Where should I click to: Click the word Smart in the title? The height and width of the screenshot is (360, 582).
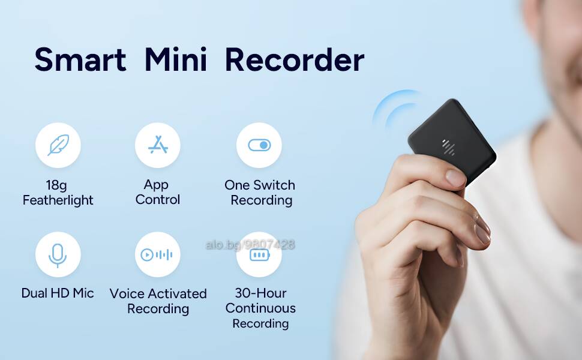tap(80, 59)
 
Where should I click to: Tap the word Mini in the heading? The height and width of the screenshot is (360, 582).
tap(176, 59)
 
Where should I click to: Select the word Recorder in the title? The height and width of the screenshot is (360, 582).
tap(295, 59)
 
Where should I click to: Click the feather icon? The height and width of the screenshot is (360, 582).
tap(58, 145)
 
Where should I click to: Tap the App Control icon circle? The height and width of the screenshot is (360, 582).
tap(158, 145)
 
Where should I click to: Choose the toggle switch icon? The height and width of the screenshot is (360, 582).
tap(259, 145)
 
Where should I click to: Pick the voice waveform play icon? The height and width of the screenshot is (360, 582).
tap(156, 254)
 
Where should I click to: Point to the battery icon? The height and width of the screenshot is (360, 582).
tap(259, 256)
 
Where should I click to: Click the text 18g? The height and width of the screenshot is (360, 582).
tap(56, 185)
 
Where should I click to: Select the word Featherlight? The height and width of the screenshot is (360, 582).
tap(58, 200)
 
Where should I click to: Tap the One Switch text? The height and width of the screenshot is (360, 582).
tap(260, 185)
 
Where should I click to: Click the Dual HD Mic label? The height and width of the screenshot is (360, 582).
tap(58, 293)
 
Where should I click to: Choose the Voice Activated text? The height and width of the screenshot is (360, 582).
tap(158, 293)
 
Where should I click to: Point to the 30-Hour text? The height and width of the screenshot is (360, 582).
tap(260, 293)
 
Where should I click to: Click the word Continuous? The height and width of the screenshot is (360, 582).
tap(260, 308)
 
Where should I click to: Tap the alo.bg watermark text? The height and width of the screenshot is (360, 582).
tap(250, 245)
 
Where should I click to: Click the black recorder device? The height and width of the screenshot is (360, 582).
tap(452, 141)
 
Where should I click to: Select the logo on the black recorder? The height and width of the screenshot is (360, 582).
tap(448, 147)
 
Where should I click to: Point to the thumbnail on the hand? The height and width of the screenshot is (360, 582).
tap(455, 178)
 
